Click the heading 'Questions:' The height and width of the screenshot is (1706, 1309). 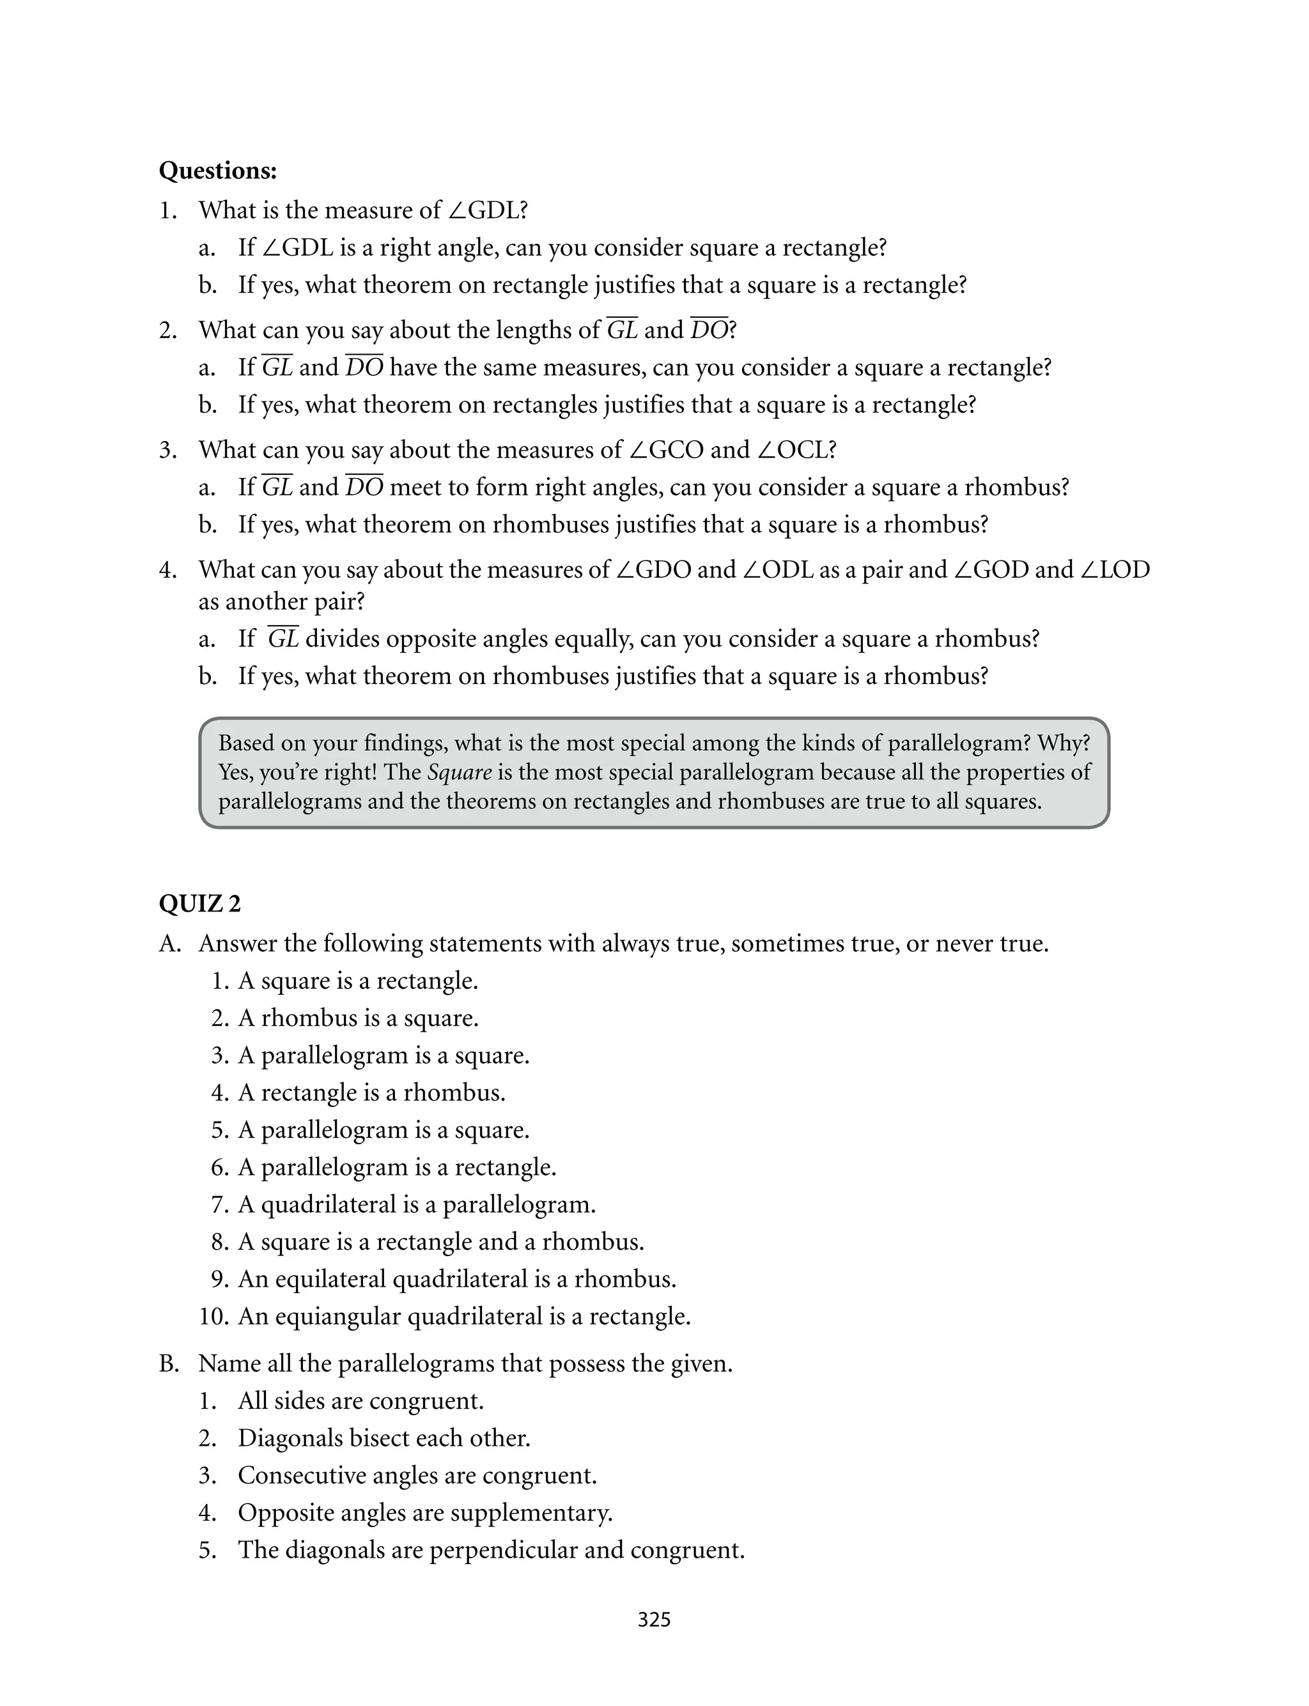tap(217, 171)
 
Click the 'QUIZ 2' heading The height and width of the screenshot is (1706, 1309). tap(199, 904)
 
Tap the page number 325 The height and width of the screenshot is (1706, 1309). tap(654, 1620)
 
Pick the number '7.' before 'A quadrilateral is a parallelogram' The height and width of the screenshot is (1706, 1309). tap(220, 1204)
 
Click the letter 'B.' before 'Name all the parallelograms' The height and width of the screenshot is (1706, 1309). tap(169, 1363)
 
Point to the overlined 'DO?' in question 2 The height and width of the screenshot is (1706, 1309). tap(713, 330)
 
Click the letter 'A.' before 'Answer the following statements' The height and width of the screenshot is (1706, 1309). tap(170, 943)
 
